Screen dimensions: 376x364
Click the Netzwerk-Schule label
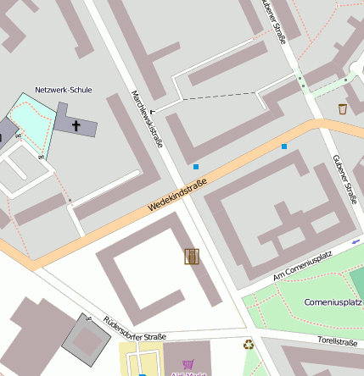point(64,90)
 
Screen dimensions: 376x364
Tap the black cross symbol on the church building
point(76,126)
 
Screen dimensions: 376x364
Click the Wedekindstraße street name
point(177,201)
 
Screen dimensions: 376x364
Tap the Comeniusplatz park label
point(333,301)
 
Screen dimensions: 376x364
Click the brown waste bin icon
point(343,108)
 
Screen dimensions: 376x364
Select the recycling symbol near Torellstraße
point(249,345)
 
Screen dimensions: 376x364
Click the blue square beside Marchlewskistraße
point(196,167)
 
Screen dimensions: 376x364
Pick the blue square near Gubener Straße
point(284,147)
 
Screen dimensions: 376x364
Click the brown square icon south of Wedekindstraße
point(191,256)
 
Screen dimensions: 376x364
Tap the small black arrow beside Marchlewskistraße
point(153,110)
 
